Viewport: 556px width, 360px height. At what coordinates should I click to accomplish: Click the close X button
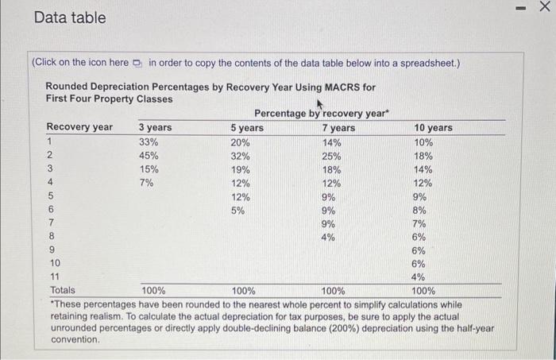click(x=544, y=7)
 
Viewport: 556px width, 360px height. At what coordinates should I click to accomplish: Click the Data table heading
click(x=70, y=17)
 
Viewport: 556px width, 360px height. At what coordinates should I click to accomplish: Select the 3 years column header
click(x=155, y=128)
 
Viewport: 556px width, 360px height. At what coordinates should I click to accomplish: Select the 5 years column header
click(x=247, y=128)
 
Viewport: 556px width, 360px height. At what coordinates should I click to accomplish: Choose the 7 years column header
click(x=339, y=128)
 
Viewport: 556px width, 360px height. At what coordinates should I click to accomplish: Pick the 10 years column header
click(x=433, y=128)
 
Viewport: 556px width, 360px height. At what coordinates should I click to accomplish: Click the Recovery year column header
click(x=79, y=128)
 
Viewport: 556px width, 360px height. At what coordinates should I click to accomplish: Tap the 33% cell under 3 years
click(x=149, y=142)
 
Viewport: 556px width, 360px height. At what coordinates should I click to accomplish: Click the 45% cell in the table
click(x=149, y=156)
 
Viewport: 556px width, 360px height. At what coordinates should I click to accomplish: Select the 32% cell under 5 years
click(x=241, y=156)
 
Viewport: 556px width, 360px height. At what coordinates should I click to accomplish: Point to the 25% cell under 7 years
click(x=332, y=156)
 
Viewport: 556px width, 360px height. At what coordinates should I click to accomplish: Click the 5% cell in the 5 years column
click(x=237, y=211)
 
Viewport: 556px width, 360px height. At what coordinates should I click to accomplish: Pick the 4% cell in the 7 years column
click(x=329, y=237)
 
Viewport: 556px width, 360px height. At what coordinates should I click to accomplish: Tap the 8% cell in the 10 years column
click(x=420, y=211)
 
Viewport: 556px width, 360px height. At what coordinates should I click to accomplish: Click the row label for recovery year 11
click(x=54, y=277)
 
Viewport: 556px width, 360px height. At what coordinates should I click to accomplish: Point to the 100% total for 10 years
click(x=424, y=291)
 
